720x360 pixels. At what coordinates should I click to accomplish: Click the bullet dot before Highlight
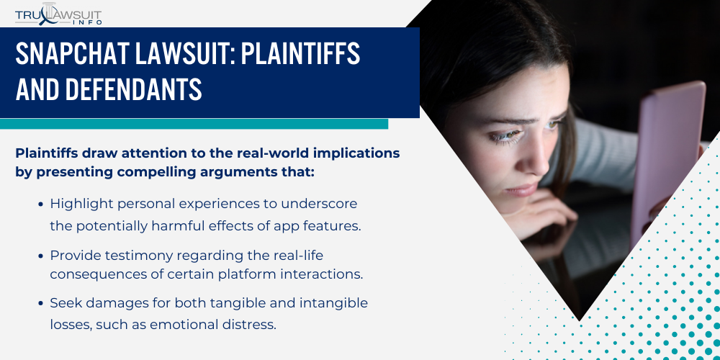coord(40,205)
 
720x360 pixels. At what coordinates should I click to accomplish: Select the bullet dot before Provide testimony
coord(40,255)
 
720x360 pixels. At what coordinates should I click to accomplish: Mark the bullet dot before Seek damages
coord(40,304)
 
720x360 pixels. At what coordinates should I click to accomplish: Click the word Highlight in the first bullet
coord(78,204)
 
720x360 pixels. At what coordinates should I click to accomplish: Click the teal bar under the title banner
coord(194,124)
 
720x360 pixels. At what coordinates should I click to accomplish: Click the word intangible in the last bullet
coord(332,304)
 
